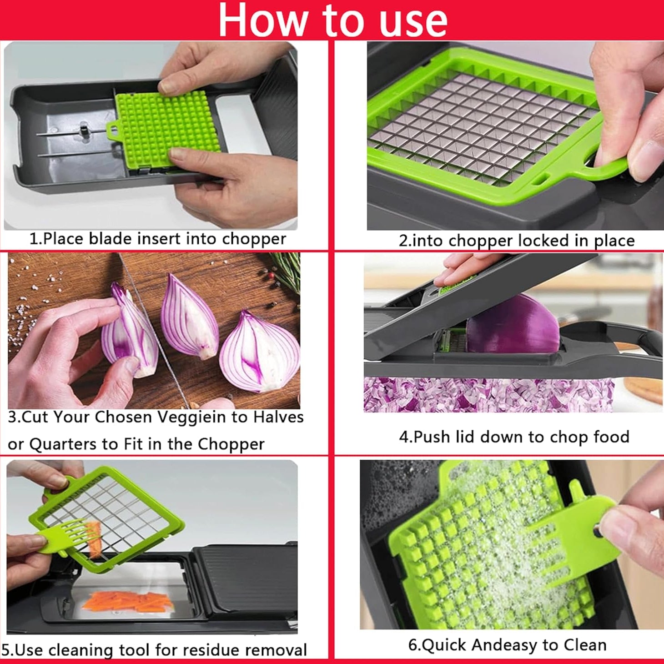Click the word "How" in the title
click(262, 20)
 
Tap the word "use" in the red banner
click(413, 21)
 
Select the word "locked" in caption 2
click(543, 241)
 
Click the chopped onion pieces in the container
click(487, 394)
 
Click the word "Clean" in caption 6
click(585, 645)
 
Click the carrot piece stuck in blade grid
click(95, 539)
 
